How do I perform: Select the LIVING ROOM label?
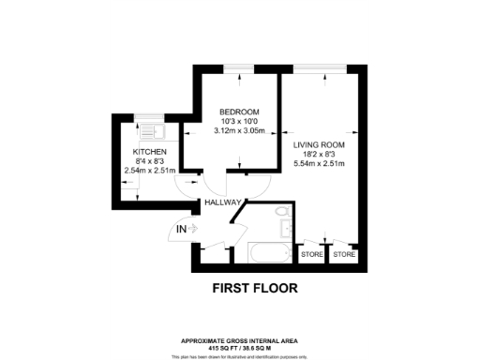click(320, 144)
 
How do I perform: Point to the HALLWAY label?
click(224, 202)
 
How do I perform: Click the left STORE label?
click(311, 254)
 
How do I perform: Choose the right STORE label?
click(344, 254)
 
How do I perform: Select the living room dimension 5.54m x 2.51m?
click(320, 165)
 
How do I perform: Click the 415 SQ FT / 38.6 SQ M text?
click(239, 347)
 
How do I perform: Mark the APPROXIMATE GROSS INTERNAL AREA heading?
click(239, 340)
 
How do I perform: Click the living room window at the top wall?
click(319, 69)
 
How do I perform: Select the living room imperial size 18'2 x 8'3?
click(320, 155)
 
